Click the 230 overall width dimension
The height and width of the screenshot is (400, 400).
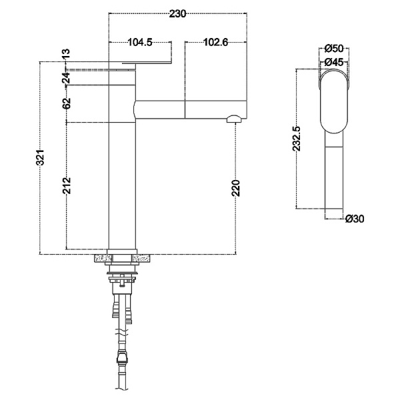click(177, 14)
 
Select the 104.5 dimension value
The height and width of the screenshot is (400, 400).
click(140, 42)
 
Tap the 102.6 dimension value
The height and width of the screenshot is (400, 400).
click(215, 42)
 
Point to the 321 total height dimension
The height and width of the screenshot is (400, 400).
click(40, 157)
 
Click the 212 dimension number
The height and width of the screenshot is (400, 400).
click(67, 185)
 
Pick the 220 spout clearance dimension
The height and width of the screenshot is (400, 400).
click(236, 188)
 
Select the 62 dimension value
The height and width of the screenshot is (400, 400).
click(67, 103)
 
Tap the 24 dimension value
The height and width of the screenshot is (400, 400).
click(66, 78)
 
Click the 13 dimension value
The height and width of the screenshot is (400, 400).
click(66, 53)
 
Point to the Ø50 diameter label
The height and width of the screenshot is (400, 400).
click(334, 49)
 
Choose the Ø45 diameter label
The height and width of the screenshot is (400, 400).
click(334, 62)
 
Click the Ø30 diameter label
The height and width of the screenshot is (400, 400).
click(355, 219)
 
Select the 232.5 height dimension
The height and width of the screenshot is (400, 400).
click(297, 139)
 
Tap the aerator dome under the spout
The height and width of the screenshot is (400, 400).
click(234, 119)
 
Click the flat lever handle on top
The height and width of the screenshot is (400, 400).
click(147, 63)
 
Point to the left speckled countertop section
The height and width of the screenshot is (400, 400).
click(103, 258)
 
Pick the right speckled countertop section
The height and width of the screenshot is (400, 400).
click(141, 258)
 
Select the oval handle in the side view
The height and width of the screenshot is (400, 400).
click(334, 101)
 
